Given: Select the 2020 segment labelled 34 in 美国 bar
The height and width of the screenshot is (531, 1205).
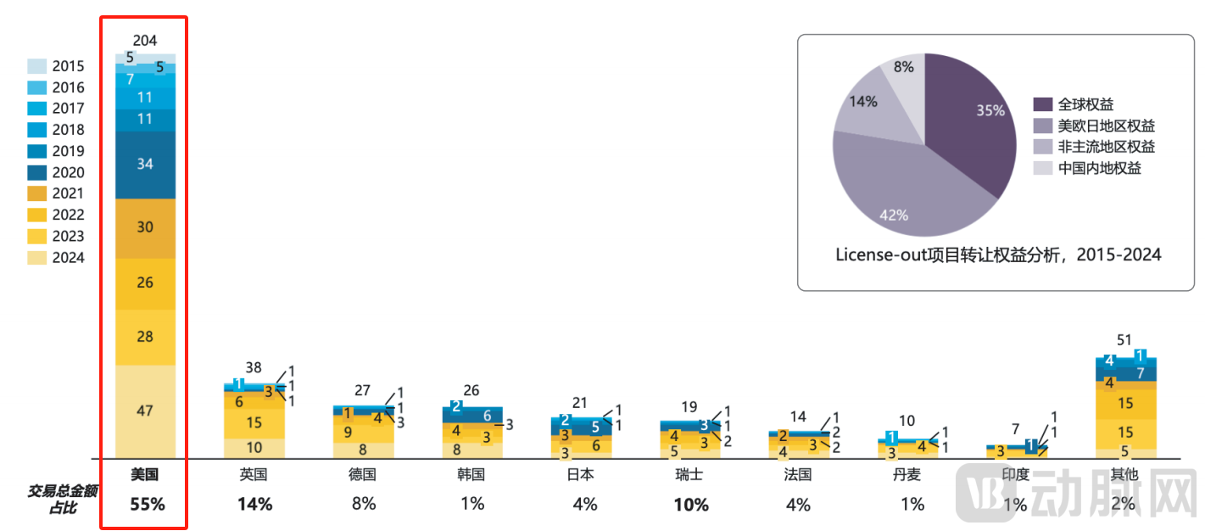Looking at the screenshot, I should (145, 165).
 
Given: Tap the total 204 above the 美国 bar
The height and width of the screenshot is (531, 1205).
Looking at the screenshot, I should (145, 41).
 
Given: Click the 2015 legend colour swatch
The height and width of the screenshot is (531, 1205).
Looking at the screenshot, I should (36, 66).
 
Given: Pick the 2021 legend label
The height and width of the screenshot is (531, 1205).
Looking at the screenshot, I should (68, 194).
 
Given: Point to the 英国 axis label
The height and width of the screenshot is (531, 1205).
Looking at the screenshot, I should (254, 475).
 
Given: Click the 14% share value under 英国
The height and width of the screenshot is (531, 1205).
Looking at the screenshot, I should (254, 504).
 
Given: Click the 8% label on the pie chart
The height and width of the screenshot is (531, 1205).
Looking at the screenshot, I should (903, 67).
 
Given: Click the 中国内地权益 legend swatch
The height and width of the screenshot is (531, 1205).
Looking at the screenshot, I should (1043, 168).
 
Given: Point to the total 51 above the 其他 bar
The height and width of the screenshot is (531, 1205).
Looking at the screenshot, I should (1124, 340).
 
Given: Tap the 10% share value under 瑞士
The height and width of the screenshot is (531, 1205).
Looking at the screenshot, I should (691, 505).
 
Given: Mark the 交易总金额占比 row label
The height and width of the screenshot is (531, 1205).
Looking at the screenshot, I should (53, 499).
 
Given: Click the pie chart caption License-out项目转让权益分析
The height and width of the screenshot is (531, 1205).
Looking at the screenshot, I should (997, 254).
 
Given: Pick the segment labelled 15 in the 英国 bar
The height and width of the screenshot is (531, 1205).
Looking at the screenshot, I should (254, 422).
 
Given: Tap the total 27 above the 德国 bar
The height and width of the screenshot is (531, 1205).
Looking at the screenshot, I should (362, 390).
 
